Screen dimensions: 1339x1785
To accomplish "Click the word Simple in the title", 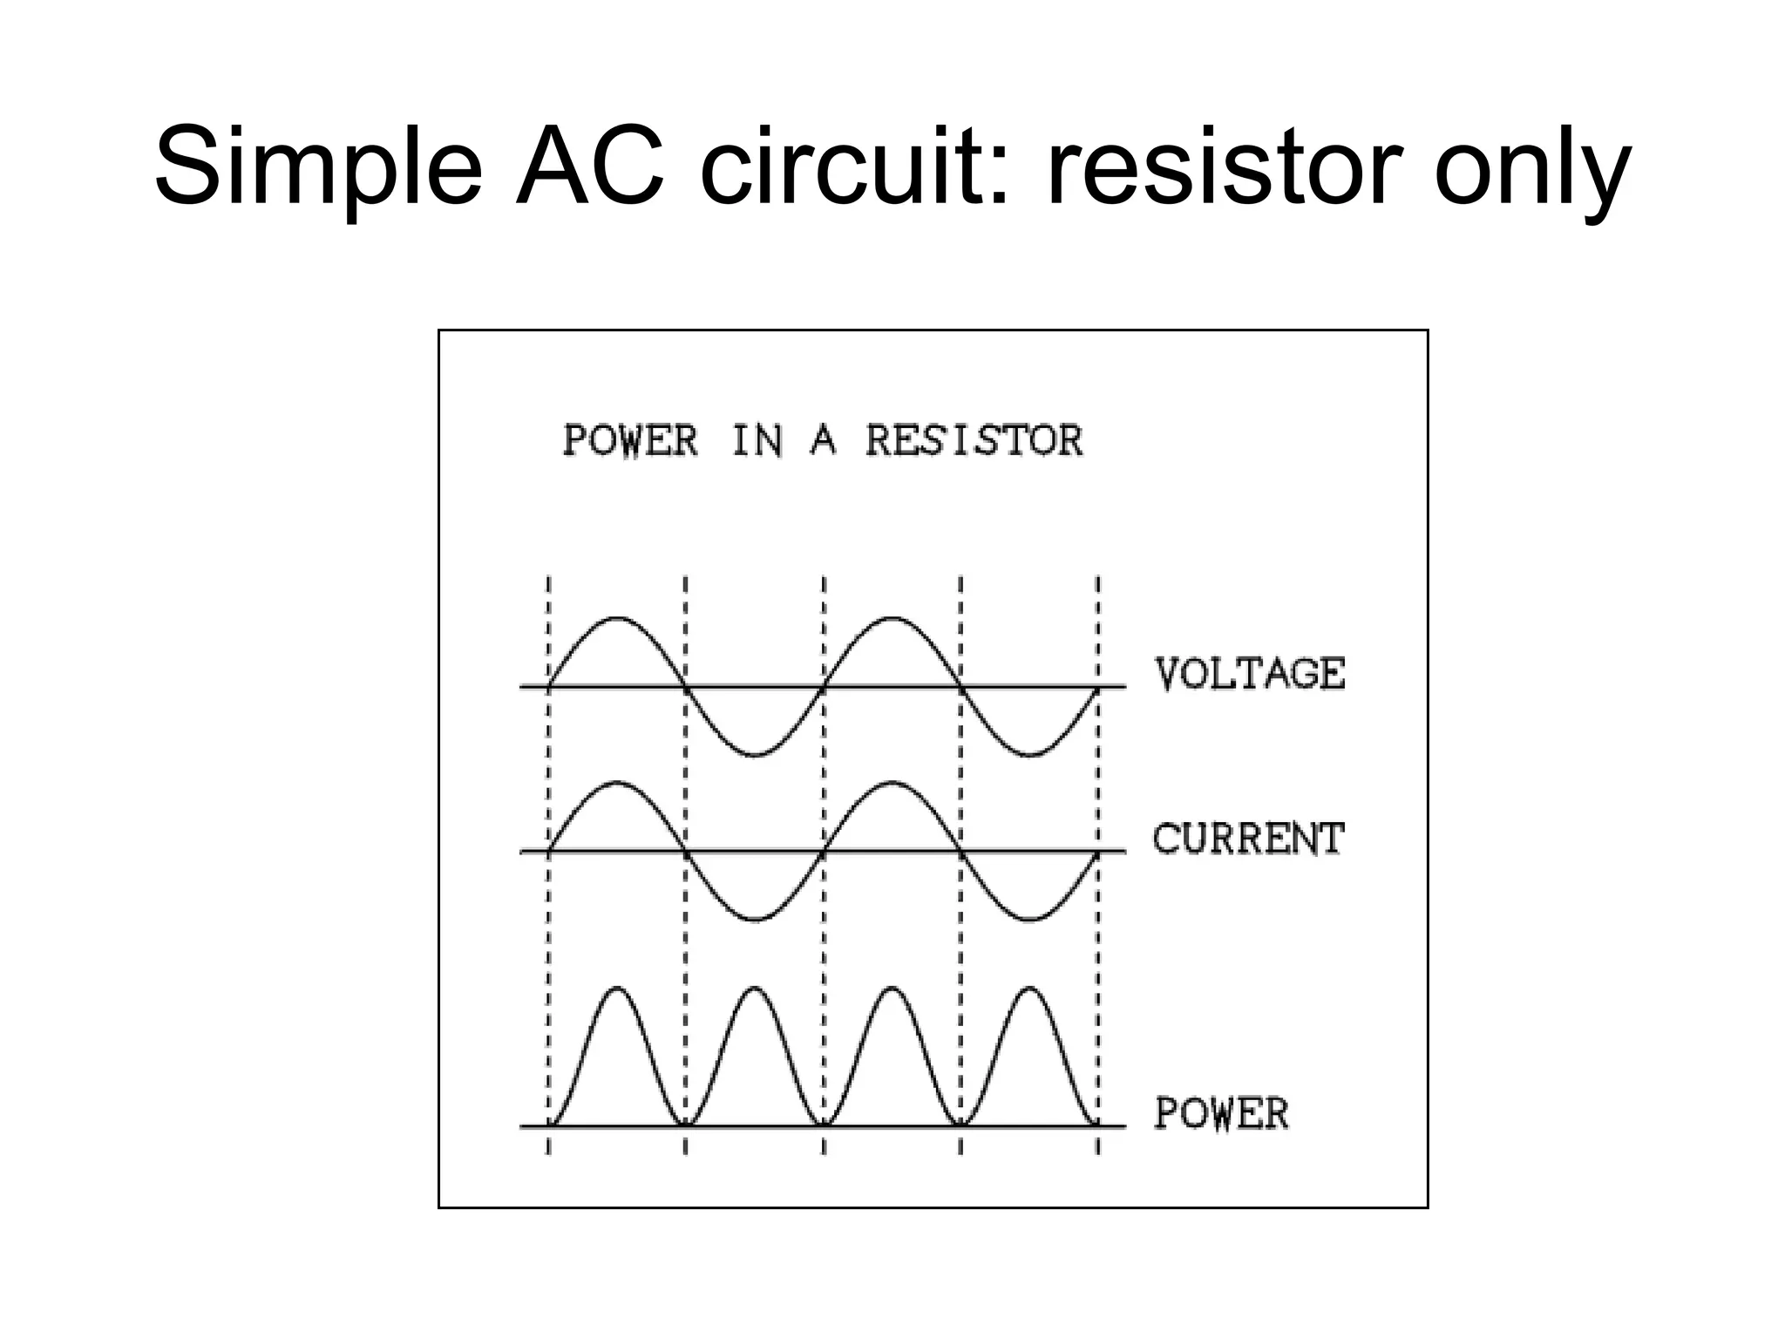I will pos(317,167).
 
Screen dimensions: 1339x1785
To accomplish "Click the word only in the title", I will pos(1531,167).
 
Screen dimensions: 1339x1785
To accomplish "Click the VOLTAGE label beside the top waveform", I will pos(1250,674).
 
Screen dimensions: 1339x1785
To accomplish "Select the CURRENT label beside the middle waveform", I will pos(1248,839).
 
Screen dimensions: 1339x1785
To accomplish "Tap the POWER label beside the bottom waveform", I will pos(1221,1113).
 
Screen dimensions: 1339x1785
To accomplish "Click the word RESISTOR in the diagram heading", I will pos(974,440).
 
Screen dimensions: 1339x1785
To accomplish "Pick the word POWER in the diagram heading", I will pos(630,440).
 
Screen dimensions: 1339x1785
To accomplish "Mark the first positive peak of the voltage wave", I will pos(617,619).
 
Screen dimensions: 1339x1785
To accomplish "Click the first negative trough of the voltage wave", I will pos(755,754).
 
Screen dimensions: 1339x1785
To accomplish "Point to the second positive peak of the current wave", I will pos(892,785).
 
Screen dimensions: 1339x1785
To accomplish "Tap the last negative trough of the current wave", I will pos(1029,919).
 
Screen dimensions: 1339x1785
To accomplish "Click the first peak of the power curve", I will pos(617,989).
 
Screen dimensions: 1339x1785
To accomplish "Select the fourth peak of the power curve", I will pos(1029,989).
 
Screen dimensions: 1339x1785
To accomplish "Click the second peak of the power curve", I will pos(755,989).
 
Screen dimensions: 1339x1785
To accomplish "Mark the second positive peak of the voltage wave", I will pos(892,619).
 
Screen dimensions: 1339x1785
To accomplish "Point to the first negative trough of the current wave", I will pos(755,919).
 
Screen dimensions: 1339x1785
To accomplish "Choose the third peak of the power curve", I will pos(892,989).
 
